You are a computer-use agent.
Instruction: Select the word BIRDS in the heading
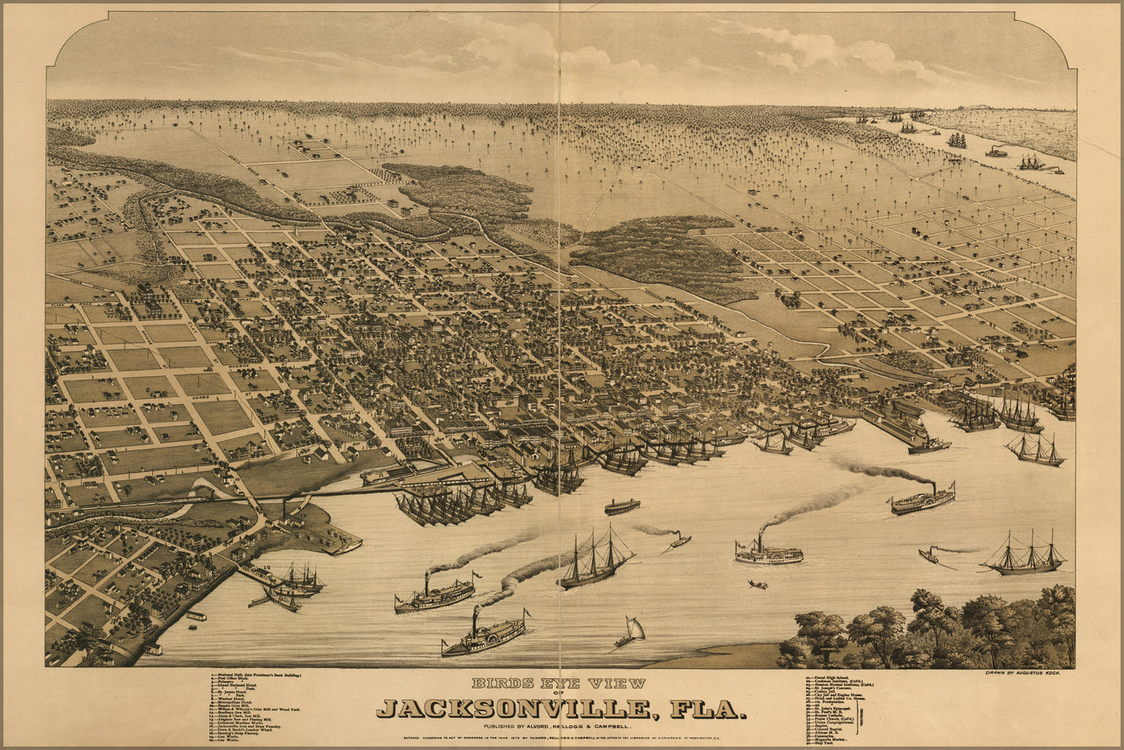[x=501, y=684]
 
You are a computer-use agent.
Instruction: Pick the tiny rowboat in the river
[x=757, y=584]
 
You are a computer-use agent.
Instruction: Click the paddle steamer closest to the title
[x=483, y=637]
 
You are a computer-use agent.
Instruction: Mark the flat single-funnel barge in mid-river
[x=622, y=507]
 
